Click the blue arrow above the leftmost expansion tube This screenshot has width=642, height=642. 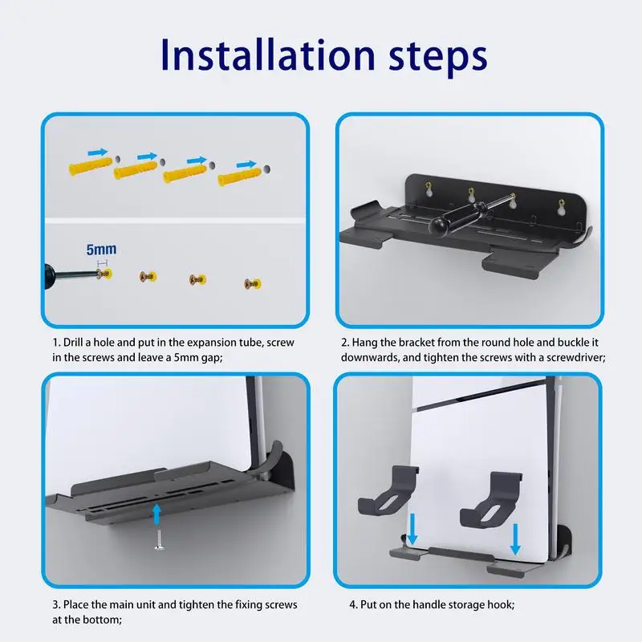tap(97, 151)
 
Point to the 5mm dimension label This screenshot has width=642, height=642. tap(101, 250)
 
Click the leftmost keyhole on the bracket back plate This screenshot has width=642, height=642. tap(430, 190)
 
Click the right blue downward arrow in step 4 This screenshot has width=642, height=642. tap(515, 538)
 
